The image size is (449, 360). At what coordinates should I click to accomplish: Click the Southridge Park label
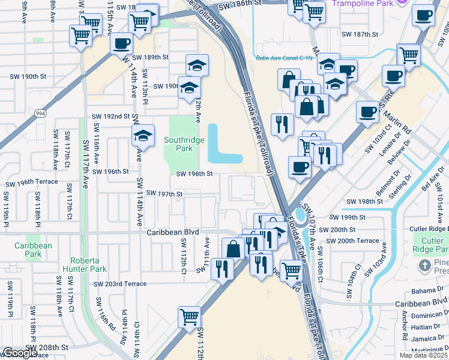tap(184, 143)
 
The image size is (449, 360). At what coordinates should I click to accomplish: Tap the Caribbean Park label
tap(33, 250)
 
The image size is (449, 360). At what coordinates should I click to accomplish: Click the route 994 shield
tap(40, 112)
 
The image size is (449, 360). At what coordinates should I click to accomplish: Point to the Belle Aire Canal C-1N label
tap(285, 58)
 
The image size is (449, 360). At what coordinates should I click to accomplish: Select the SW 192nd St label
tap(110, 116)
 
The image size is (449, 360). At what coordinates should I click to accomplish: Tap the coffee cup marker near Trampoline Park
tap(423, 15)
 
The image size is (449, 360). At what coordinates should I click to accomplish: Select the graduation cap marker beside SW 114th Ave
tap(143, 136)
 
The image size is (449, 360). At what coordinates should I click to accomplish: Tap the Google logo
tap(20, 353)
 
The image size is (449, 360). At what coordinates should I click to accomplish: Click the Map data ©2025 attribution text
tap(424, 355)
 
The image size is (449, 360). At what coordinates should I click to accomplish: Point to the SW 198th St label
tap(365, 202)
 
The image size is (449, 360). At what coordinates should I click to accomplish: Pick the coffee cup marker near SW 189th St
tap(122, 44)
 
